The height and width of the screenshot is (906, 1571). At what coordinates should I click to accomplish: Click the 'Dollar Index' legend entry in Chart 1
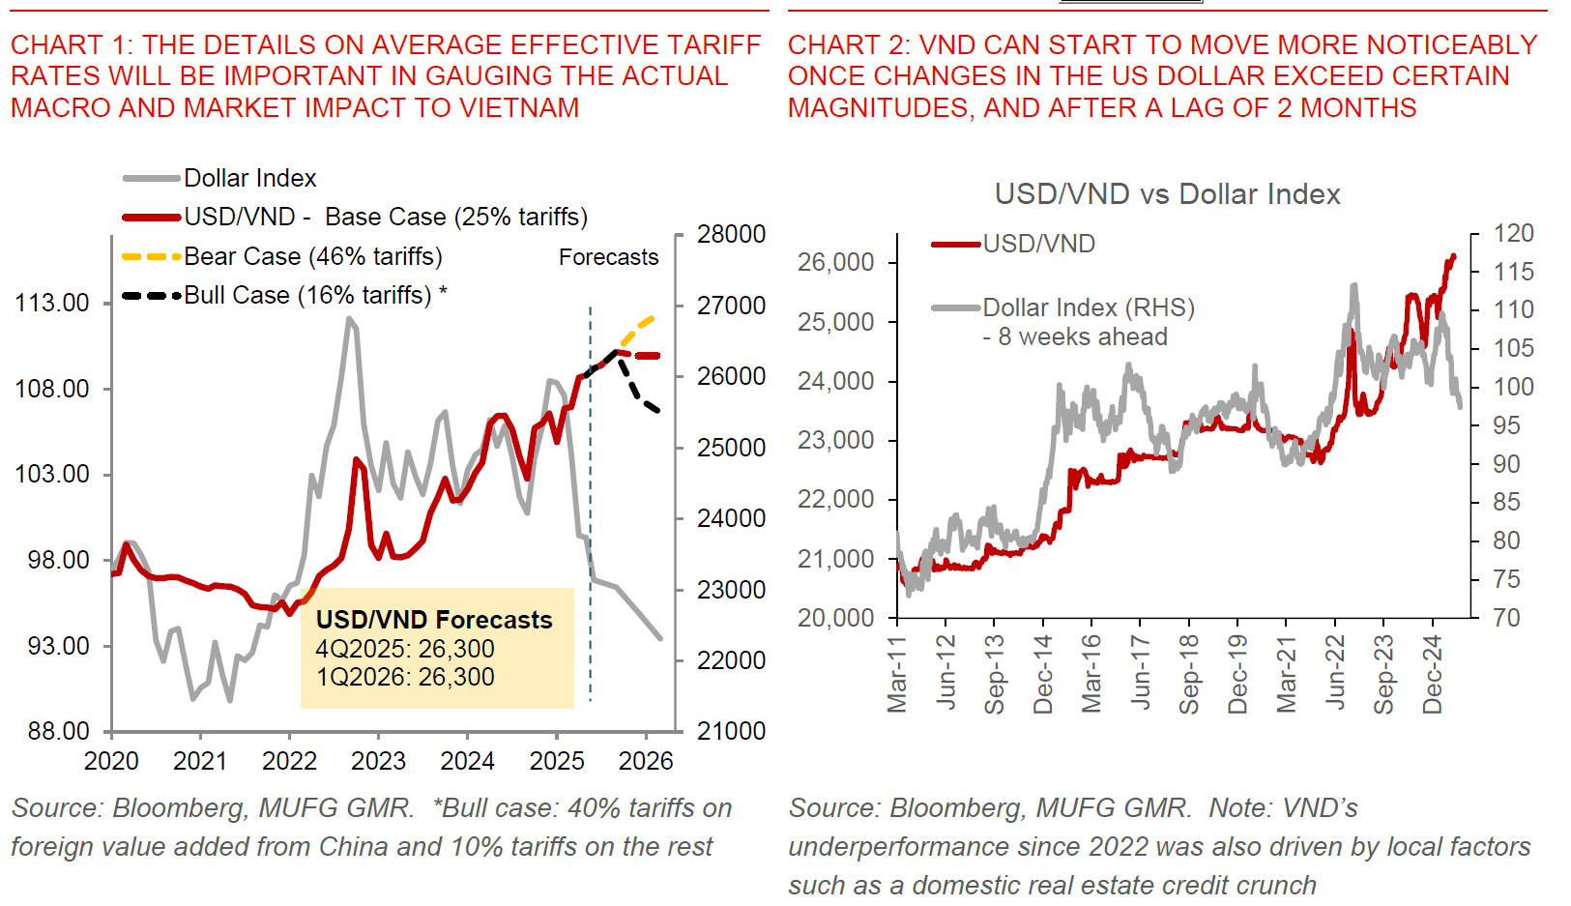tap(249, 178)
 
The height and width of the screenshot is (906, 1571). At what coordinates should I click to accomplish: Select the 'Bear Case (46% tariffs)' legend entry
tap(312, 256)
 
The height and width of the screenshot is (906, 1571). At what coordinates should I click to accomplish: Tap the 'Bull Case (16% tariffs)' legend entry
tap(307, 295)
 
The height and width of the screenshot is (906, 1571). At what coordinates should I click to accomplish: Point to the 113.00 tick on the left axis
tap(52, 303)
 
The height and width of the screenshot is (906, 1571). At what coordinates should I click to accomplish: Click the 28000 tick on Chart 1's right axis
tap(731, 234)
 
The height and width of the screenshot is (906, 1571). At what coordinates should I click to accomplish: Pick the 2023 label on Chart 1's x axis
tap(378, 761)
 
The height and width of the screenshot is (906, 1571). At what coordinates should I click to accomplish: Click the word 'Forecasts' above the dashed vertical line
tap(608, 257)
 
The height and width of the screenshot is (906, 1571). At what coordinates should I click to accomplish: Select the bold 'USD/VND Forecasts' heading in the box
tap(434, 620)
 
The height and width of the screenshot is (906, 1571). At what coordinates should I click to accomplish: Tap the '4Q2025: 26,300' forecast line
tap(405, 649)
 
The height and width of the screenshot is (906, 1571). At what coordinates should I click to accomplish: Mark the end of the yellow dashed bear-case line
tap(655, 317)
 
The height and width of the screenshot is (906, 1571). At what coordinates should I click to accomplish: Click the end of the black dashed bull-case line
tap(658, 411)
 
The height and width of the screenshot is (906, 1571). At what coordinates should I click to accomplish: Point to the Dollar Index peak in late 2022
tap(349, 319)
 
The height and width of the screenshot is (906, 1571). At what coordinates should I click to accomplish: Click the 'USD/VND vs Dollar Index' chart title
tap(1167, 194)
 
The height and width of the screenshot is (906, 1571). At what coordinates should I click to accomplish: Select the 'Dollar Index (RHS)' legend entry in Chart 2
tap(1089, 307)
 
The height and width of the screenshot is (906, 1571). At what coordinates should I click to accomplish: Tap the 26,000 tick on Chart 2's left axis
tap(835, 262)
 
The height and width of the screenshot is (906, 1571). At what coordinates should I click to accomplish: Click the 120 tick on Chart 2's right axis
tap(1513, 233)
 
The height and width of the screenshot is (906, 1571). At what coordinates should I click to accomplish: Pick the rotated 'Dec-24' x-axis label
tap(1433, 674)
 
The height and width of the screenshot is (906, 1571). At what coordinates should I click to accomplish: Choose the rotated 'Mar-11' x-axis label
tap(897, 674)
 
